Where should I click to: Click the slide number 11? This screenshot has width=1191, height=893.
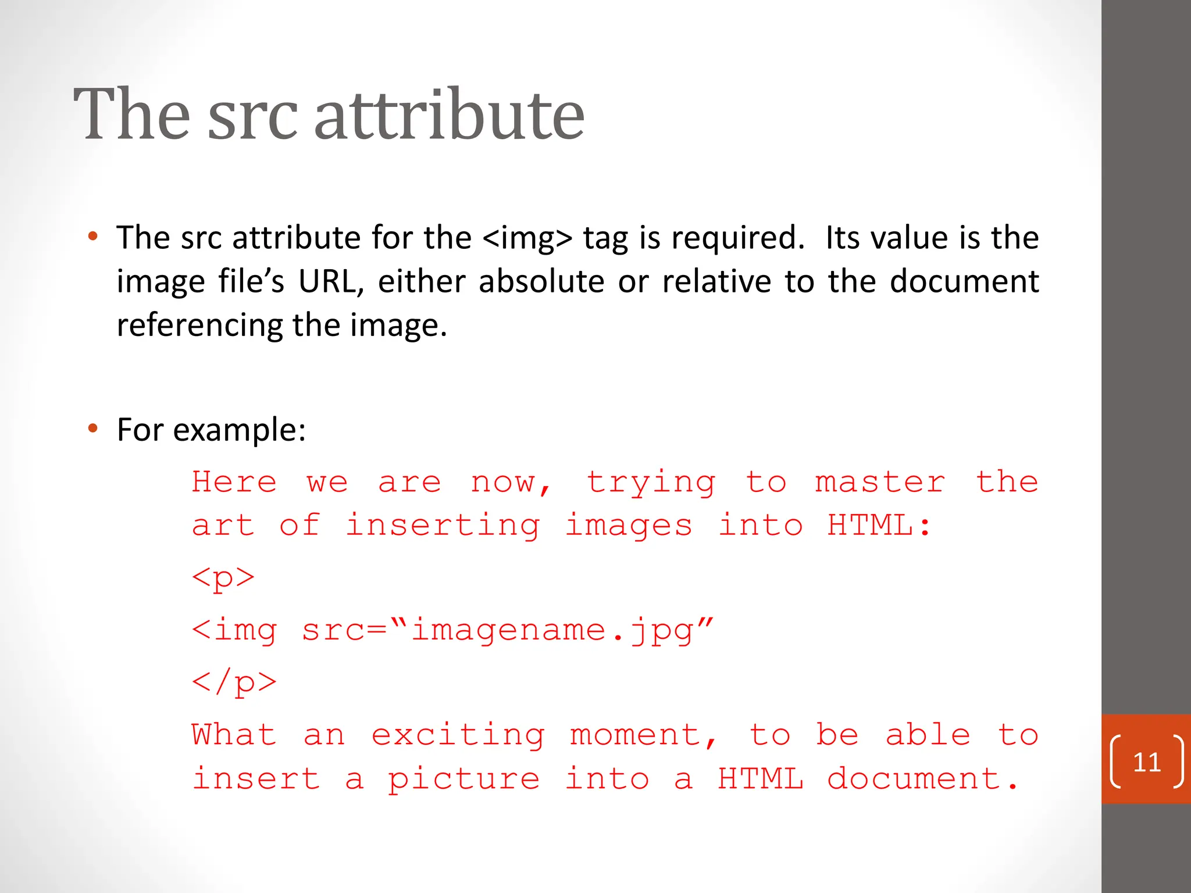tap(1147, 762)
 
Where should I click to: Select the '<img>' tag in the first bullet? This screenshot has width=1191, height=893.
tap(527, 238)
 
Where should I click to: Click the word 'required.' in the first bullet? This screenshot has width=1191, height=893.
tap(738, 238)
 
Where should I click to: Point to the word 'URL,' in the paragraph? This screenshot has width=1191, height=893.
tap(331, 282)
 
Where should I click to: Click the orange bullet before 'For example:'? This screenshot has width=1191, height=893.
tap(92, 429)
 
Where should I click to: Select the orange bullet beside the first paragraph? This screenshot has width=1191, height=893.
tap(92, 237)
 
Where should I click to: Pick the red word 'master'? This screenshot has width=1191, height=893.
tap(880, 483)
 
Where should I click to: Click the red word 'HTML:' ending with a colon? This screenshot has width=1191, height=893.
tap(879, 526)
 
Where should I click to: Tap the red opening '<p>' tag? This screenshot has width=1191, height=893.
tap(223, 578)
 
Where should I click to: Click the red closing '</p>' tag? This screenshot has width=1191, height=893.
tap(234, 682)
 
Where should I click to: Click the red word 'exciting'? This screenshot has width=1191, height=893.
tap(458, 735)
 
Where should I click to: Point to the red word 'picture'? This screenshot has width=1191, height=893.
tap(463, 780)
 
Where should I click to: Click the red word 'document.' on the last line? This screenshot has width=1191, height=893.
tap(922, 778)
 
